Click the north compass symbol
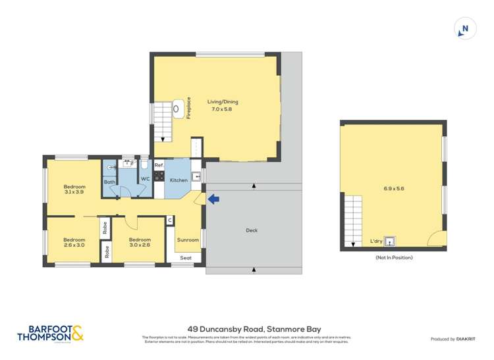pyautogui.click(x=465, y=29)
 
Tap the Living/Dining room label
pyautogui.click(x=222, y=105)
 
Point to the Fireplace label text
pyautogui.click(x=188, y=108)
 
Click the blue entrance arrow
pyautogui.click(x=212, y=197)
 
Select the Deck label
pyautogui.click(x=252, y=230)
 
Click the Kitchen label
pyautogui.click(x=178, y=180)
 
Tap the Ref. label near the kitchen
pyautogui.click(x=159, y=165)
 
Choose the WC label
pyautogui.click(x=145, y=179)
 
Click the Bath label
pyautogui.click(x=109, y=182)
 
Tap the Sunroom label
pyautogui.click(x=188, y=240)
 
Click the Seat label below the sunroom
pyautogui.click(x=186, y=258)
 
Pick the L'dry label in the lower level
pyautogui.click(x=376, y=241)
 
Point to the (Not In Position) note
pyautogui.click(x=393, y=257)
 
